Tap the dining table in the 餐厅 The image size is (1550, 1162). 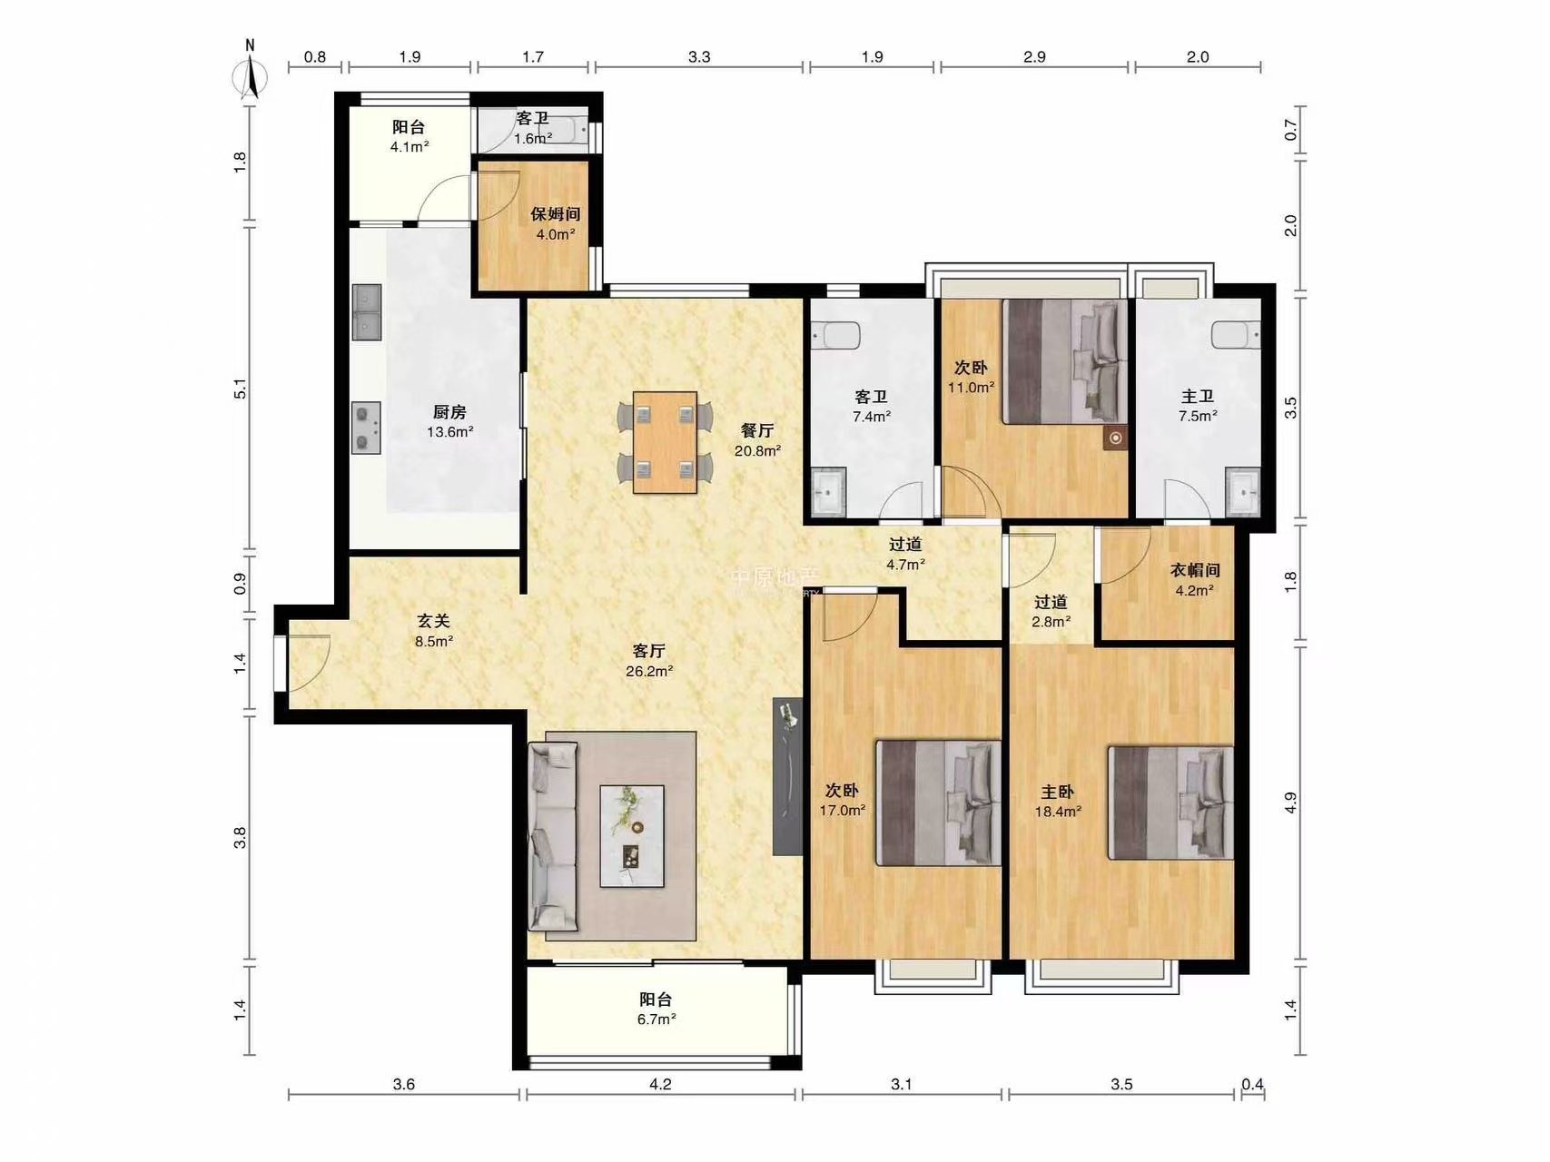(665, 442)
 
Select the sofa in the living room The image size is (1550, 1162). (553, 836)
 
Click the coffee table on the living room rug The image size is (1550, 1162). (632, 836)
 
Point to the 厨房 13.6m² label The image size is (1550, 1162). (450, 422)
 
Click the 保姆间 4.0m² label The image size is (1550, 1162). (556, 224)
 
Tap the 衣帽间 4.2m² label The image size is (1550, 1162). (1195, 580)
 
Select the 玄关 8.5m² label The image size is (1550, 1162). (434, 631)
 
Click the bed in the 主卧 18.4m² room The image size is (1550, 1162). (1170, 803)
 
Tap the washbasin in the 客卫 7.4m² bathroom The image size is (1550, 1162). (828, 492)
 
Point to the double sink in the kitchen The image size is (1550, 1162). (367, 312)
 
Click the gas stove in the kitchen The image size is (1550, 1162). (367, 428)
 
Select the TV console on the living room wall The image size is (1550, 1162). (787, 776)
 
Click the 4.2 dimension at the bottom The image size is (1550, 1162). (660, 1084)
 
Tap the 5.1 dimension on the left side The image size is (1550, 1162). (241, 389)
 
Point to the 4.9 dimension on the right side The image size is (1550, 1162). (1290, 803)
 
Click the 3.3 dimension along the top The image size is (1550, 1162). (699, 57)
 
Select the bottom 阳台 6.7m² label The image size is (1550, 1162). (657, 1009)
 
